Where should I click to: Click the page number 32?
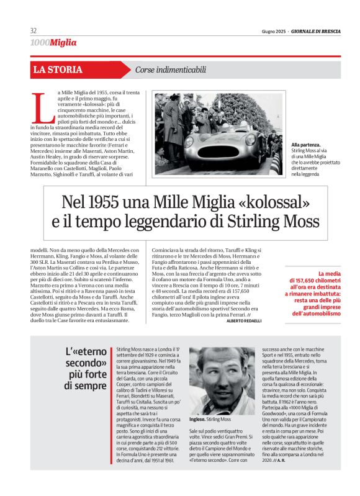(x=34, y=31)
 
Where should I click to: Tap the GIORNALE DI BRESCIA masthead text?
(x=316, y=32)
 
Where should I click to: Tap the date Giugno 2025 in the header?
(x=274, y=32)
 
